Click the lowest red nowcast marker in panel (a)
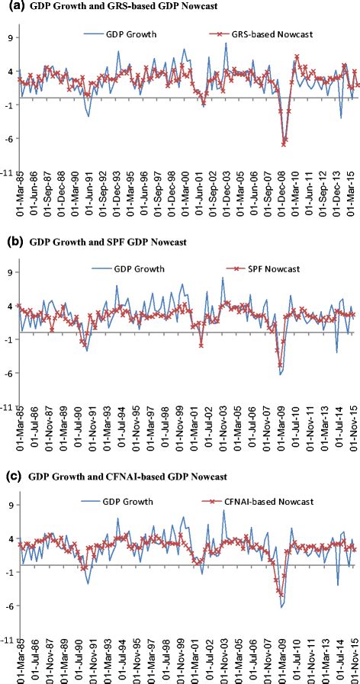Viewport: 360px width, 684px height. [x=284, y=143]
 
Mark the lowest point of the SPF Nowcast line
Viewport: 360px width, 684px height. [x=281, y=365]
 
